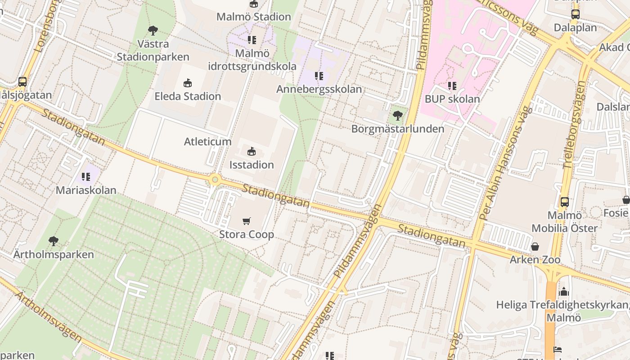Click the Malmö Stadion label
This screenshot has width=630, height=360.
[254, 17]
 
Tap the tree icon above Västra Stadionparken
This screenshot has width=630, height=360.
[153, 31]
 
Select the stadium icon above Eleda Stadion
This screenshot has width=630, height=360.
[188, 83]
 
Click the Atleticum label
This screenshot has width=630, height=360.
[207, 142]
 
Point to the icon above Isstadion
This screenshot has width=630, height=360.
[252, 151]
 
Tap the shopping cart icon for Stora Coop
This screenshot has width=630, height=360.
[246, 221]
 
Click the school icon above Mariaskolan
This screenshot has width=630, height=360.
[86, 177]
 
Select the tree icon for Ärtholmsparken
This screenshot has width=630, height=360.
[54, 241]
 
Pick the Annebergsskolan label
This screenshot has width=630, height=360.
[319, 89]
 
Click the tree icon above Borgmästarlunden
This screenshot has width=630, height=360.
[397, 116]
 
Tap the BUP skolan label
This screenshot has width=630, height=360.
[452, 99]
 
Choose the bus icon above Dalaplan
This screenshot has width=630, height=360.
[575, 14]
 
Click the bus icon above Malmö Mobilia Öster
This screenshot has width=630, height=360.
[565, 202]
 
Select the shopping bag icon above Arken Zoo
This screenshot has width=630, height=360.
[535, 247]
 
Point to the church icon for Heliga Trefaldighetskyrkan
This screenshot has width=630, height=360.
[564, 292]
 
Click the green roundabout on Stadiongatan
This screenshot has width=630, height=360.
[215, 180]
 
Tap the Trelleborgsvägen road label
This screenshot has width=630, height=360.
[575, 125]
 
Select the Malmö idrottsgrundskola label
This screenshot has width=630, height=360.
[252, 60]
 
